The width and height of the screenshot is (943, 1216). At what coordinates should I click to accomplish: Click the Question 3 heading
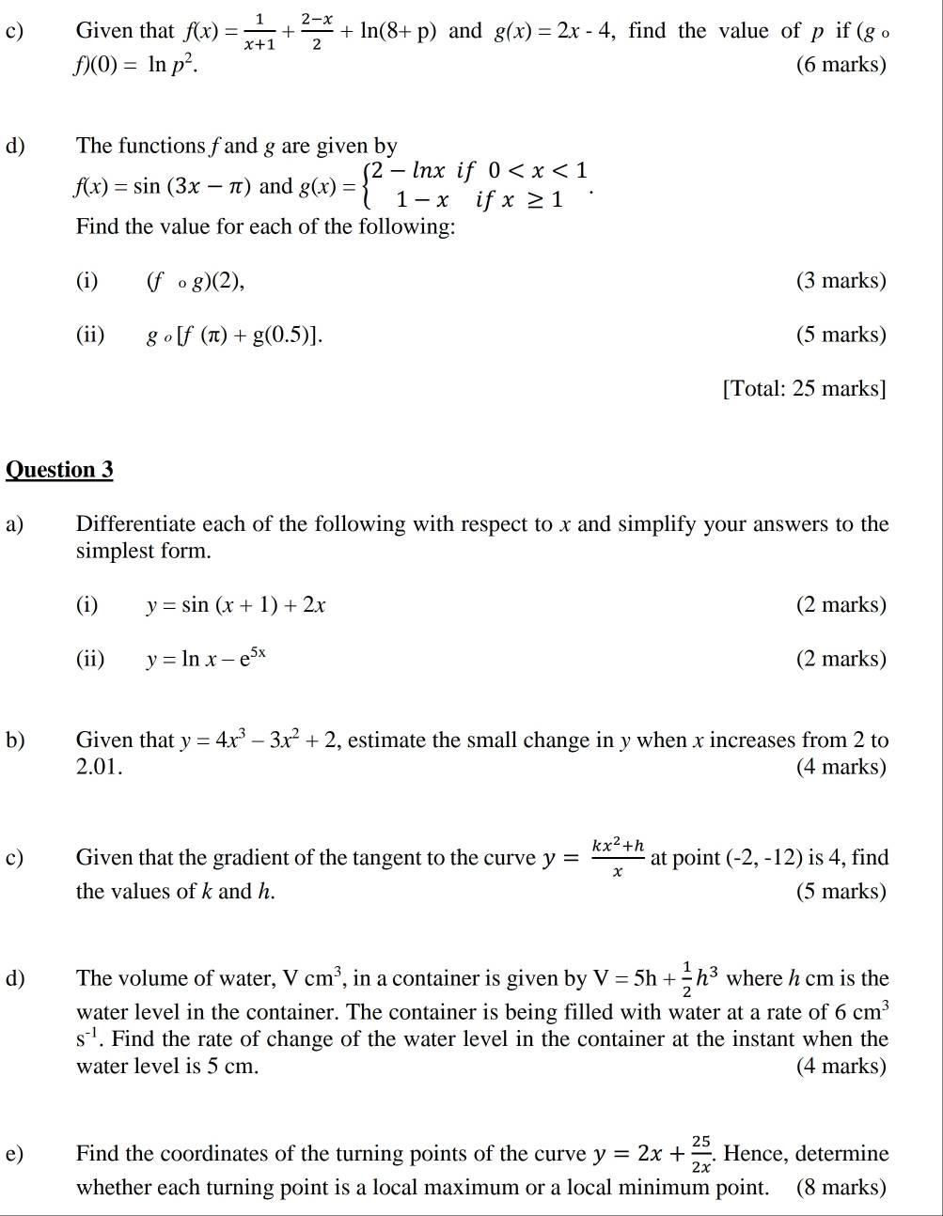[x=59, y=470]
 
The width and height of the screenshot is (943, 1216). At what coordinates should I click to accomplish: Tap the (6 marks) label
[x=841, y=65]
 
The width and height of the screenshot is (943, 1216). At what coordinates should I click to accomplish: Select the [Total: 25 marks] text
[x=804, y=389]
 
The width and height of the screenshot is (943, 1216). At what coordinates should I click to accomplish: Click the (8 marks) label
[x=841, y=1187]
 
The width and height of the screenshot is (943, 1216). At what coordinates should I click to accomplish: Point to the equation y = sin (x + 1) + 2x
[x=235, y=605]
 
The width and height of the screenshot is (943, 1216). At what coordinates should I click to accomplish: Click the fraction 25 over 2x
[x=700, y=1154]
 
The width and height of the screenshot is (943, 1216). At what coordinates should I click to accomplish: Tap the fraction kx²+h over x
[x=618, y=857]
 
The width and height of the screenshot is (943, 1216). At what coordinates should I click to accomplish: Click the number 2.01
[x=99, y=767]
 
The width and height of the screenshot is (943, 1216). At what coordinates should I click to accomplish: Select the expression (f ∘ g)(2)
[x=196, y=281]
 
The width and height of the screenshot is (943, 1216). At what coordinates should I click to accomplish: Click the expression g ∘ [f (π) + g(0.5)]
[x=233, y=335]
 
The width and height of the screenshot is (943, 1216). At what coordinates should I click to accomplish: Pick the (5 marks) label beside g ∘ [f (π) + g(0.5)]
[x=841, y=335]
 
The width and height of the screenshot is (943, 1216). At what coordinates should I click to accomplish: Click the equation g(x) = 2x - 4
[x=555, y=31]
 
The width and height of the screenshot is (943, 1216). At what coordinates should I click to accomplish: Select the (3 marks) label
[x=841, y=281]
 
